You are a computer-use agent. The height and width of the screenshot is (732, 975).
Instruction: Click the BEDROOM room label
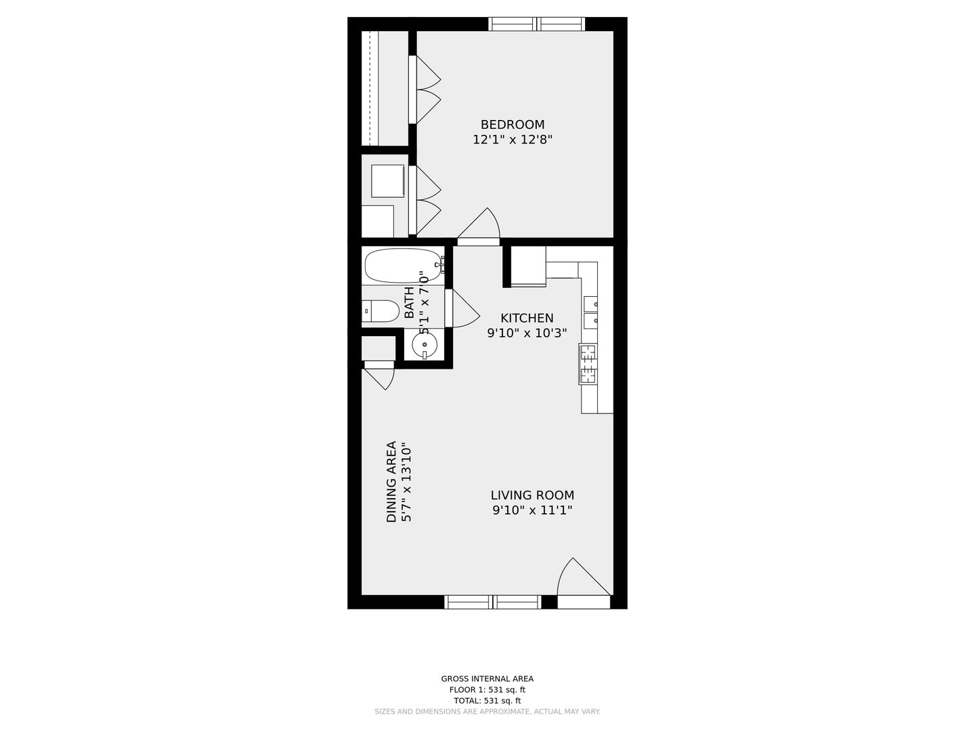512,125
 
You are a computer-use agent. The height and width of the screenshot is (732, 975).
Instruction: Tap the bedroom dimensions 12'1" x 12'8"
512,140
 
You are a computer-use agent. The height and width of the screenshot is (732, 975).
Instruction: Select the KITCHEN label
527,319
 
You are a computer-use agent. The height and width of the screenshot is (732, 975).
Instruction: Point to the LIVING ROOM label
532,495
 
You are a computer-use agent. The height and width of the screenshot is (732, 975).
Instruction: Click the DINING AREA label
391,482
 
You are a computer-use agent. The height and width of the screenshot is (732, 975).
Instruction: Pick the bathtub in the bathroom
404,265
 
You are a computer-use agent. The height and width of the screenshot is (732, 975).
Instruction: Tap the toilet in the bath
380,311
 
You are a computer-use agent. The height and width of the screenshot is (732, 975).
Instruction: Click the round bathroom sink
425,345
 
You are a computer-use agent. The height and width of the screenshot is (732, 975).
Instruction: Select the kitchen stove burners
588,364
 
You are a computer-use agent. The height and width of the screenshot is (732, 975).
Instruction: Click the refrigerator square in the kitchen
528,266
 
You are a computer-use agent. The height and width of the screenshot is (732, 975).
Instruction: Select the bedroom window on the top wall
536,24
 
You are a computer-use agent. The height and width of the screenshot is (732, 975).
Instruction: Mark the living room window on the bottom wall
493,602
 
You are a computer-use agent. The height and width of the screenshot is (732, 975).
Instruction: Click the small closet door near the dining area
379,375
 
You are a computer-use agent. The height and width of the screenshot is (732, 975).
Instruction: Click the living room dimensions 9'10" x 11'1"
532,510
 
